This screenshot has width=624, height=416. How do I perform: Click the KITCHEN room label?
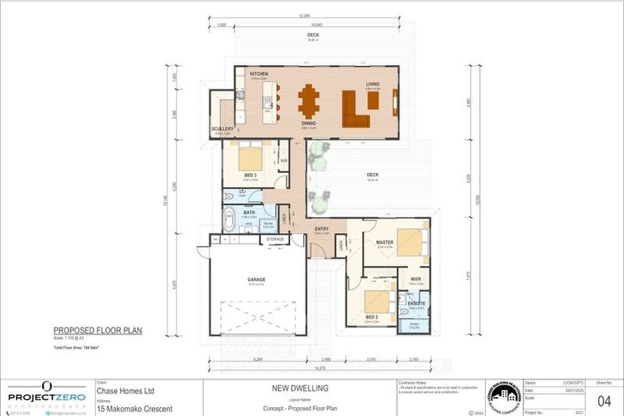[x=259, y=74]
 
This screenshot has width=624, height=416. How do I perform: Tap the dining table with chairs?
[x=309, y=102]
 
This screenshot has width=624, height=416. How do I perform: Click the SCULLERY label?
[x=223, y=128]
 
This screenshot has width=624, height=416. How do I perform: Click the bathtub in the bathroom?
[x=229, y=219]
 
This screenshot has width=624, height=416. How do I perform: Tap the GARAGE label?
[x=257, y=279]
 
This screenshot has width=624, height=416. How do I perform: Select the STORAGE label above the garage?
[x=275, y=240]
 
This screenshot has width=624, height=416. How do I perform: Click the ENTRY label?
[x=321, y=229]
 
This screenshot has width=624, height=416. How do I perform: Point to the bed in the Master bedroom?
[x=409, y=242]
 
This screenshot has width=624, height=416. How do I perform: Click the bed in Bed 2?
[x=376, y=301]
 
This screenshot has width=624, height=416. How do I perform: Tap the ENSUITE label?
[x=416, y=303]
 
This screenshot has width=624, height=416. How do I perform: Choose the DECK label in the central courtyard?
[x=372, y=175]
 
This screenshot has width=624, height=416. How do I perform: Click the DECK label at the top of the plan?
[x=313, y=36]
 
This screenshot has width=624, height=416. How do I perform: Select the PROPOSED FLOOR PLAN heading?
[x=97, y=331]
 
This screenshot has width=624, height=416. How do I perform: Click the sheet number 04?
[x=604, y=401]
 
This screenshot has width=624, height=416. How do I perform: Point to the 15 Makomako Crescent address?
[x=134, y=408]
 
